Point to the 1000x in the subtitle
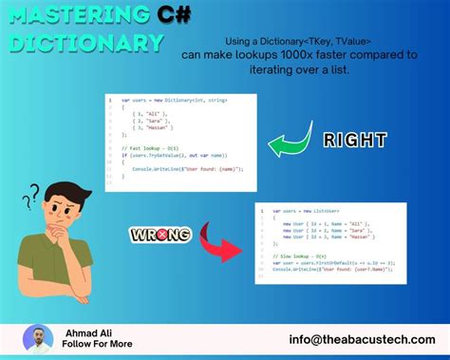tap(293, 55)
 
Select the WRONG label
tap(160, 234)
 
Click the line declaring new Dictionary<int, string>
tap(171, 101)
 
